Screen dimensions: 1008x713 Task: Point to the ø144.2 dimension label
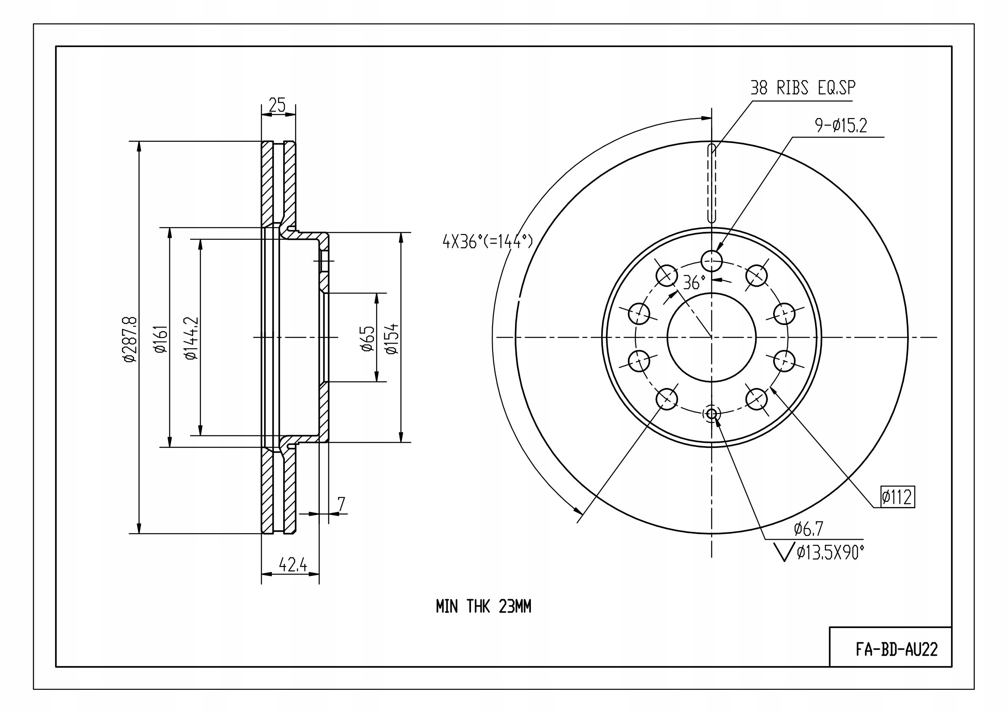[191, 338]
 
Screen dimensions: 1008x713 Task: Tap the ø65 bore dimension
[368, 339]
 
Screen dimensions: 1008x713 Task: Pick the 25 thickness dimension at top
[277, 105]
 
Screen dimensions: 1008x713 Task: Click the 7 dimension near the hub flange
[341, 504]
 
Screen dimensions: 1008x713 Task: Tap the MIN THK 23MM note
[484, 607]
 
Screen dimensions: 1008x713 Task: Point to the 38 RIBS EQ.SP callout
[802, 88]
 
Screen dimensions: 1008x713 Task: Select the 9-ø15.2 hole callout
[841, 126]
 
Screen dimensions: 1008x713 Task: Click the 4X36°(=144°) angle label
[488, 241]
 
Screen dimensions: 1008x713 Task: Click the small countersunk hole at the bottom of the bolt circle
[712, 413]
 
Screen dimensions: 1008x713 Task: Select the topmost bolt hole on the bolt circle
[712, 261]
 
